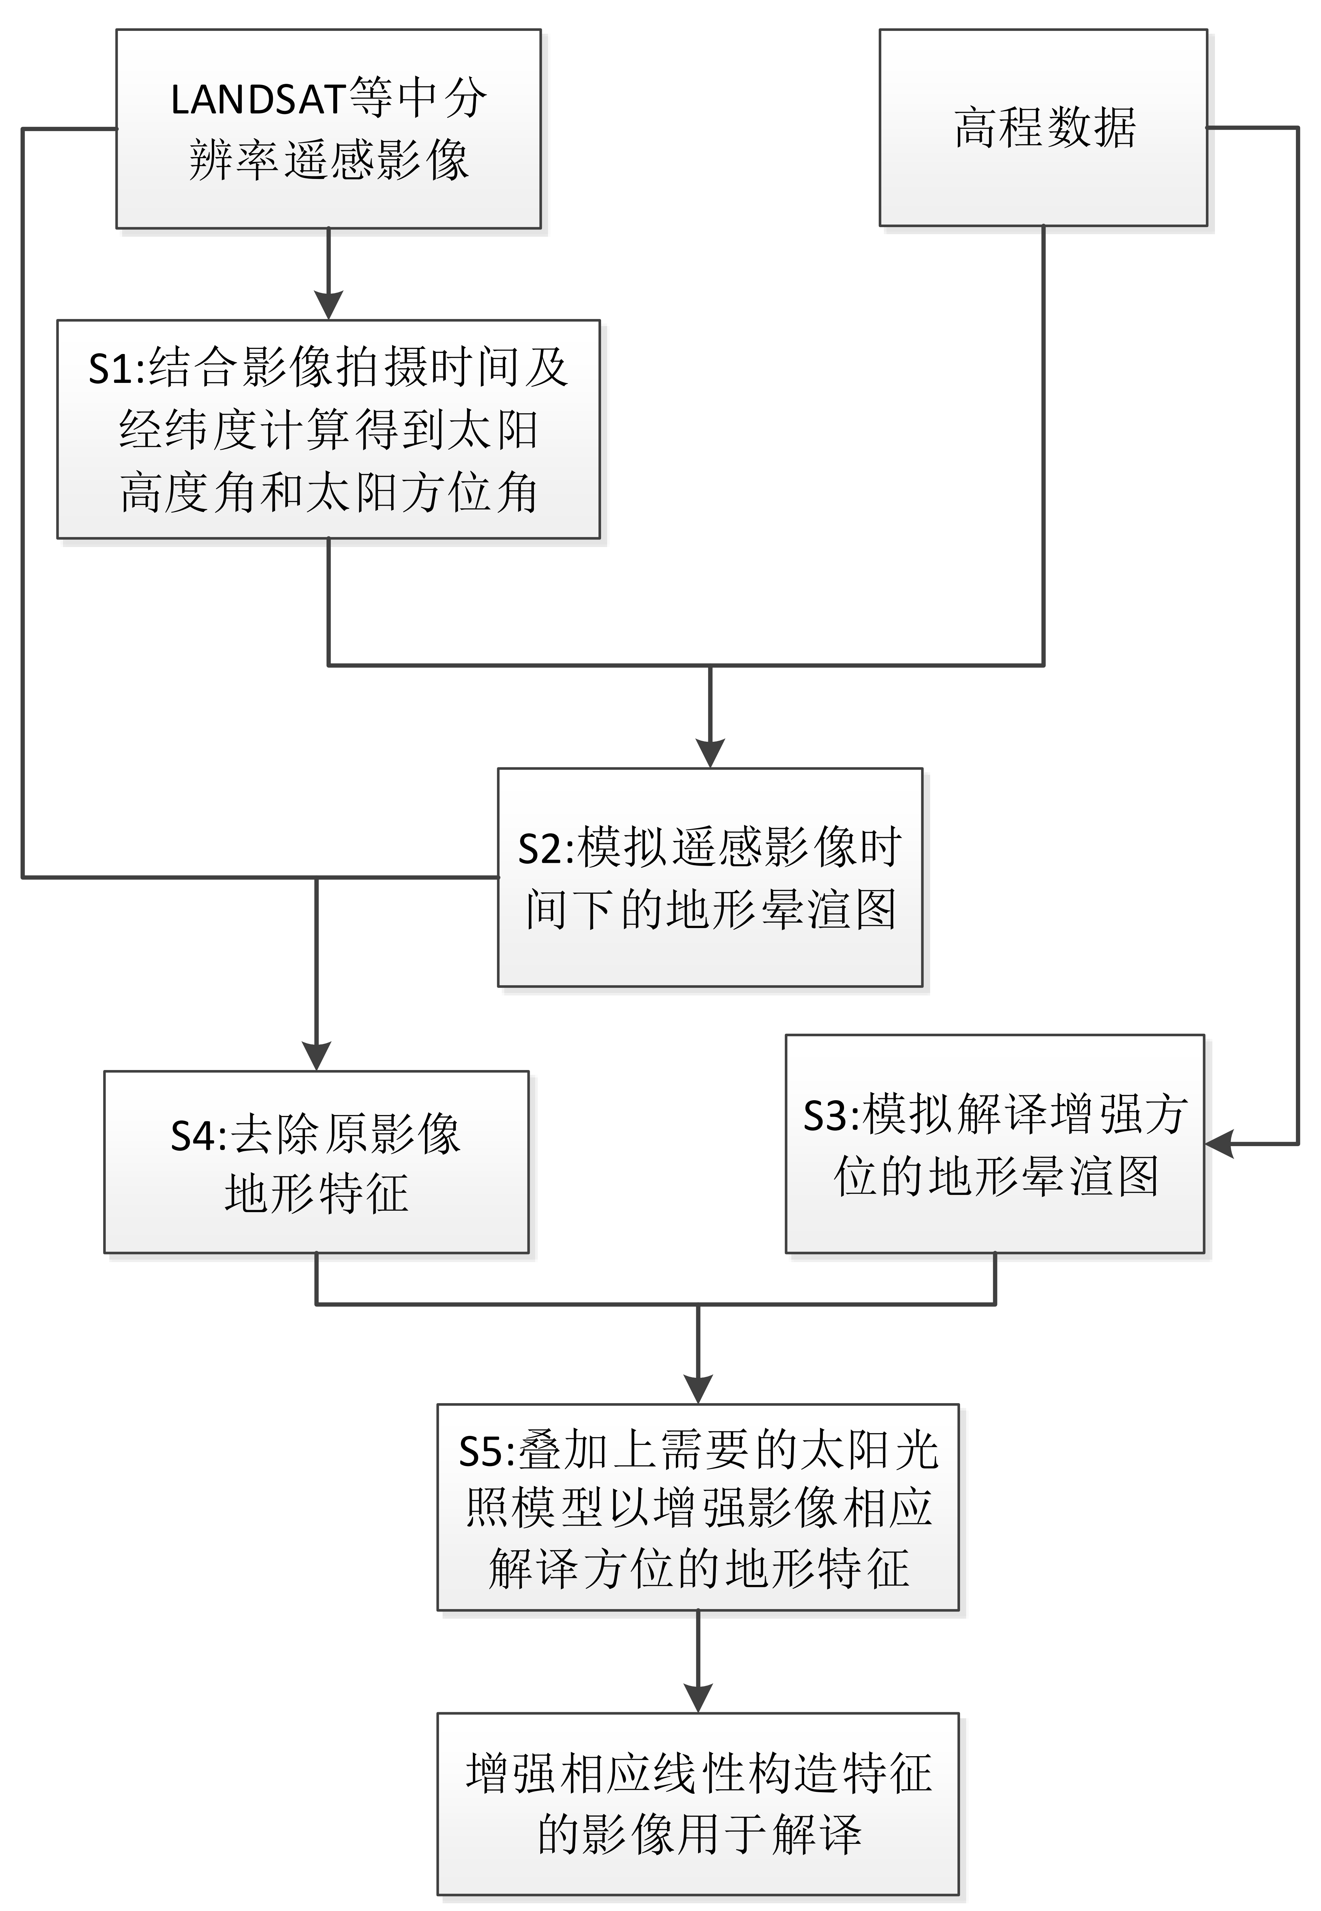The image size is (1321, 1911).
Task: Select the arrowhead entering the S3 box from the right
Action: (1219, 1144)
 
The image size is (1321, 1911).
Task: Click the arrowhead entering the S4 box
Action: (316, 1057)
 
